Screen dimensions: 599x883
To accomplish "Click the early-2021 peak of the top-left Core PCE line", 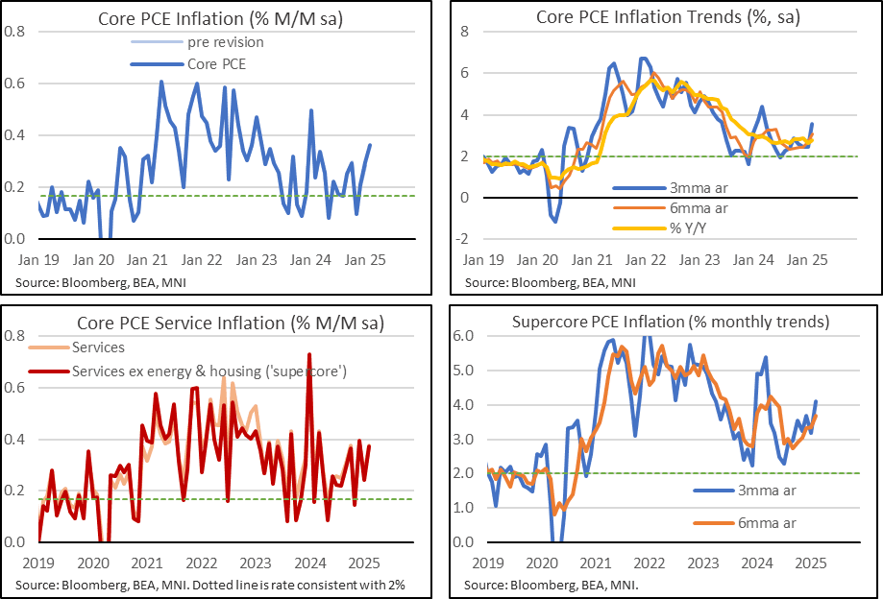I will [x=160, y=83].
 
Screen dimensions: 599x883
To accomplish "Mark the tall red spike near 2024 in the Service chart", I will [x=308, y=355].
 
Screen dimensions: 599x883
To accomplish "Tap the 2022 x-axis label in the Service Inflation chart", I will [x=201, y=562].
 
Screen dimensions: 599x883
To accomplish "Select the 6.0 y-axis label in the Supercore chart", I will [x=464, y=337].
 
